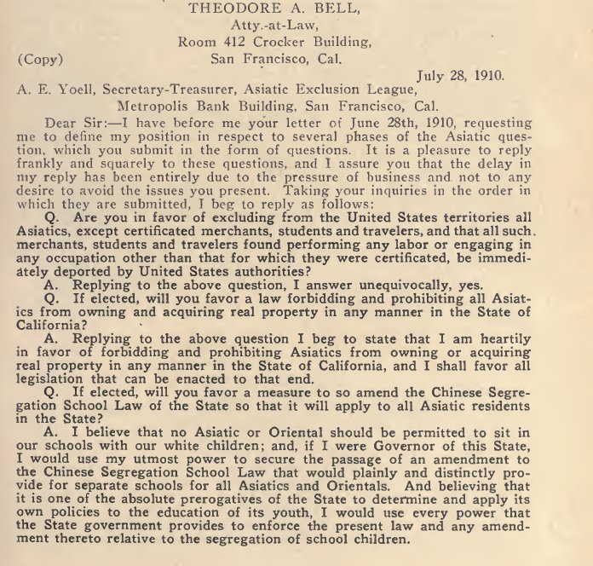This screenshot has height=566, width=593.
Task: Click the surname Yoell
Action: coord(82,91)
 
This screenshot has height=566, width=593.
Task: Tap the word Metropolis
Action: coord(159,107)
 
